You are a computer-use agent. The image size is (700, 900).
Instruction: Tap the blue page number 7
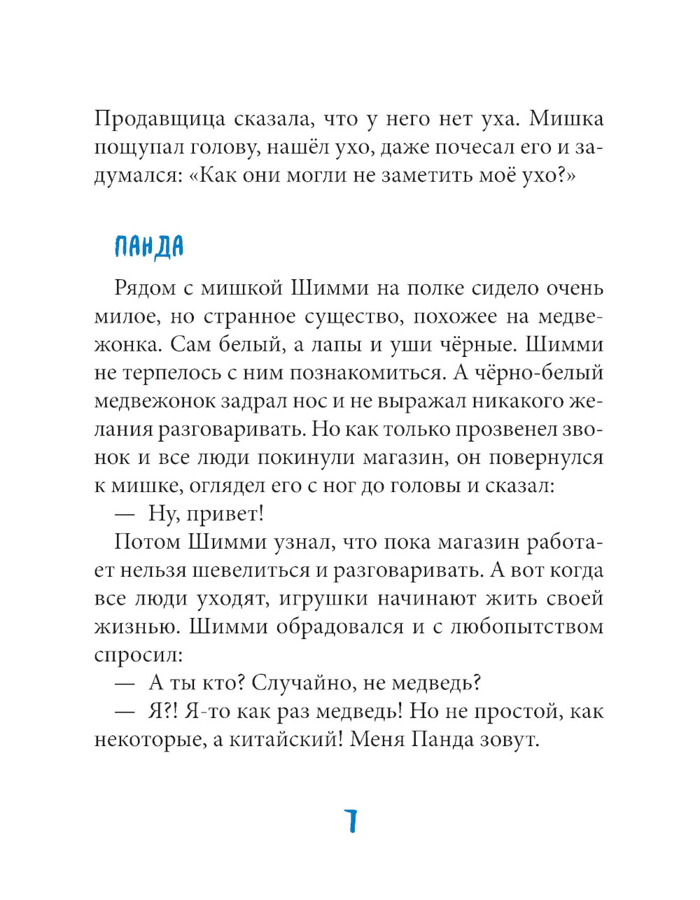pos(351,820)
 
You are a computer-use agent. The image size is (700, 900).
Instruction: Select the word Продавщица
pos(160,119)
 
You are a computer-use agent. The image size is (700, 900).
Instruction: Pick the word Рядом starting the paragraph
pos(147,288)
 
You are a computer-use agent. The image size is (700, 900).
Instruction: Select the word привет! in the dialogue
pos(227,514)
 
